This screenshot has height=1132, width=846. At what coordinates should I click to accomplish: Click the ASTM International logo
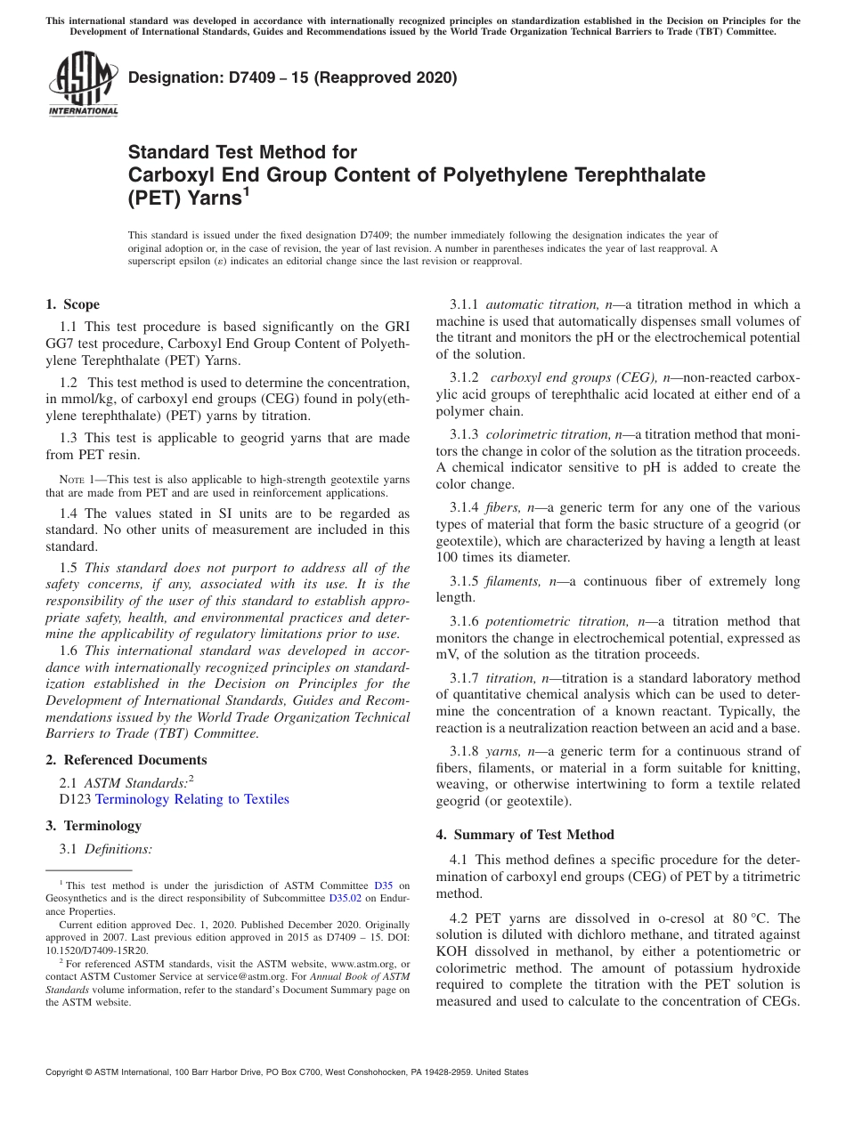tap(82, 85)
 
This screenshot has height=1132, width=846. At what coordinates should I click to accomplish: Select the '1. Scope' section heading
tap(72, 304)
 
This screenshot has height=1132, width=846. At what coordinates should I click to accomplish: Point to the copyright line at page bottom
tap(287, 1072)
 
